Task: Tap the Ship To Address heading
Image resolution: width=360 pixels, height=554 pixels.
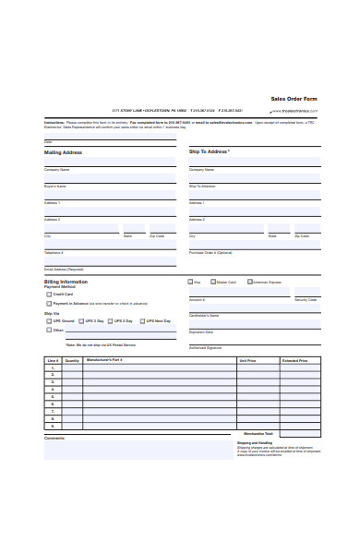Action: [x=209, y=151]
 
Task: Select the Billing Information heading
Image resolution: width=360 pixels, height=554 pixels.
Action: [x=66, y=281]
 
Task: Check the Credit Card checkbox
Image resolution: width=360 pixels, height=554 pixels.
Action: [x=48, y=294]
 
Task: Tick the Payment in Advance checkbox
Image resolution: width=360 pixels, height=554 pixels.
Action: [x=48, y=303]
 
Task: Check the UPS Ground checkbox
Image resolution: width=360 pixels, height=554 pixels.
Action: [x=48, y=320]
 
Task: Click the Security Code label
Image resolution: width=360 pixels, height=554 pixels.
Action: [x=306, y=300]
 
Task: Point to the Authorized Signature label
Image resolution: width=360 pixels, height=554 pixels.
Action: [x=205, y=347]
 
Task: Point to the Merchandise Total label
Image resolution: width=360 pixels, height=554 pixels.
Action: [x=258, y=433]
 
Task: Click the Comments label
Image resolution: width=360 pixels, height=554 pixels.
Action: [x=54, y=438]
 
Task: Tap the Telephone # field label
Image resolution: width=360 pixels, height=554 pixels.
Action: [x=54, y=252]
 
